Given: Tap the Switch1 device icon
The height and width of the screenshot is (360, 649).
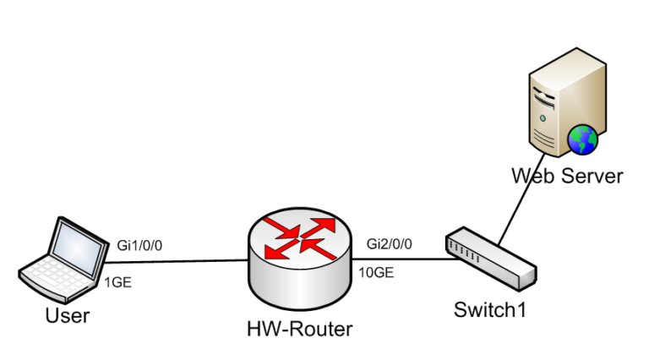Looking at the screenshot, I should click(x=490, y=257).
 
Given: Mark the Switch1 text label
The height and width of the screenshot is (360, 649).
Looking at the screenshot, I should click(x=490, y=309).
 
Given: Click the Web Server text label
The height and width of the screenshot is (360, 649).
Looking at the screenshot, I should click(x=567, y=176).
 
